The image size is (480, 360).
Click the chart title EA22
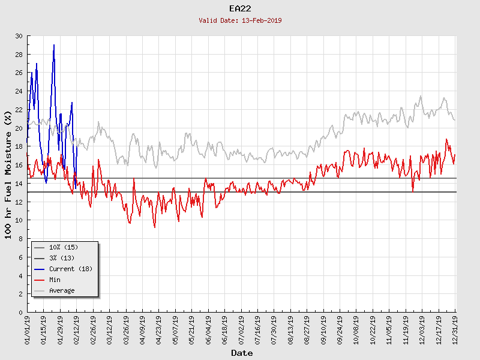pos(240,8)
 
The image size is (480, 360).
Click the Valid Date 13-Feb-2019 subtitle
pos(240,20)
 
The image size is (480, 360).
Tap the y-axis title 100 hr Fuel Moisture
pos(8,174)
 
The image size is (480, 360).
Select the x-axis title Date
pos(242,353)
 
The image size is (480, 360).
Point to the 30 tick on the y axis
pos(18,36)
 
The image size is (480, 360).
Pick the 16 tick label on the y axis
pos(18,165)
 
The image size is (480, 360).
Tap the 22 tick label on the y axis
pos(18,110)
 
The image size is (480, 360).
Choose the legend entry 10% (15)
pos(64,247)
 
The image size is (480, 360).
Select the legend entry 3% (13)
pos(62,258)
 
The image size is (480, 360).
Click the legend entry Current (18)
pos(71,269)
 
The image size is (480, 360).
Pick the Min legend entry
pos(55,280)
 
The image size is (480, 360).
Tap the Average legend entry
pos(62,290)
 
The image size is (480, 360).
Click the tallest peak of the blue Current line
pos(54,45)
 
